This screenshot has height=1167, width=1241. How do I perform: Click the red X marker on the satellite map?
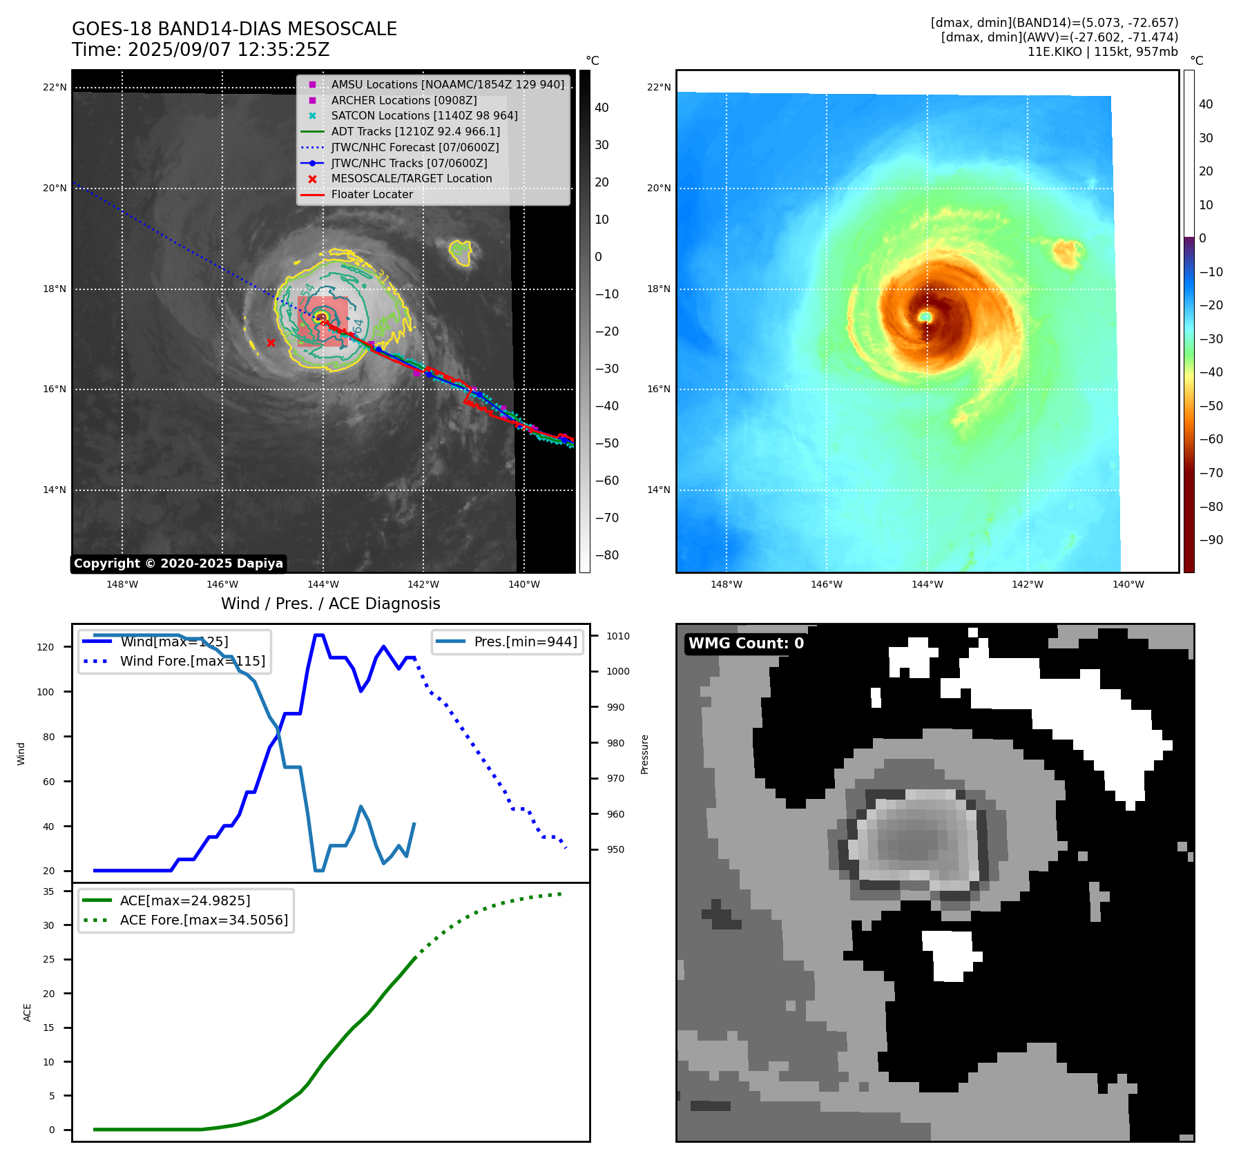(271, 343)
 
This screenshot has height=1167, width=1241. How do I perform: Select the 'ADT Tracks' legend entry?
(415, 131)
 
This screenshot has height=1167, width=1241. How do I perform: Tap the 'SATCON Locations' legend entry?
(424, 115)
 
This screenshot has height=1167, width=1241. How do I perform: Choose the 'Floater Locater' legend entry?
(372, 194)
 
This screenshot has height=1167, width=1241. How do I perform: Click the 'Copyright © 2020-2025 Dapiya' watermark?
(178, 563)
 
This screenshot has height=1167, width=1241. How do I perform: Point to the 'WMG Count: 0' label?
(746, 644)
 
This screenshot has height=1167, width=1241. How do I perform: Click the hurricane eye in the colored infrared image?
(925, 316)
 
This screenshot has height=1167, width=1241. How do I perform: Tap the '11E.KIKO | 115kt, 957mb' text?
(1102, 52)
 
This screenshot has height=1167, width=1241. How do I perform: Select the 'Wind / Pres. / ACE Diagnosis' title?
(330, 604)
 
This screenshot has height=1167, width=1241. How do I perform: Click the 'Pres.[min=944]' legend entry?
(525, 642)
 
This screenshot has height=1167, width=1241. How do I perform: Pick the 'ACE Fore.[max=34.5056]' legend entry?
(204, 920)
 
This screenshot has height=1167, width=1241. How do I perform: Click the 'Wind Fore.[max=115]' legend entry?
(192, 661)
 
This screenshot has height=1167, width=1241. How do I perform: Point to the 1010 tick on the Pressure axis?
(618, 636)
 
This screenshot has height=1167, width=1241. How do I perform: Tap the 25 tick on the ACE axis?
(48, 959)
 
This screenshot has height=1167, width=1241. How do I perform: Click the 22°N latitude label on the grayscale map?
(55, 87)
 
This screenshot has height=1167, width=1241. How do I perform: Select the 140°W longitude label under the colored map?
(1128, 584)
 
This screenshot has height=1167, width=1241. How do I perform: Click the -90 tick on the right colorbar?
(1211, 540)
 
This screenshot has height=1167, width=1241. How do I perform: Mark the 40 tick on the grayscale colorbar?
(602, 108)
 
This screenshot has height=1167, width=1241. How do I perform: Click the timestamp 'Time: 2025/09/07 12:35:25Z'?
(200, 50)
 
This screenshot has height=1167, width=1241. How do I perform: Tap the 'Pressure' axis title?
(644, 754)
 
